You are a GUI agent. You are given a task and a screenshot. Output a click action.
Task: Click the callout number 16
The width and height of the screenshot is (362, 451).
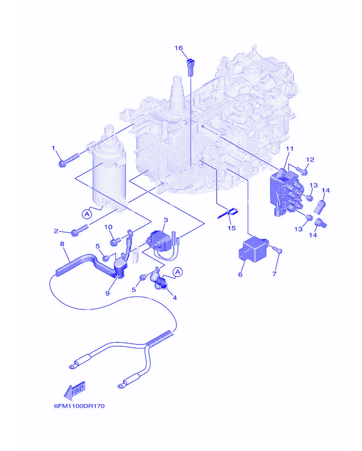tap(179, 48)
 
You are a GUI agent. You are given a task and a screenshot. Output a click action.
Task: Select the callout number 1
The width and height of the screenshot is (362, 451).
tap(53, 148)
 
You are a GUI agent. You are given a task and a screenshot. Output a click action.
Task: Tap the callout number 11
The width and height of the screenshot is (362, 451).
tap(290, 149)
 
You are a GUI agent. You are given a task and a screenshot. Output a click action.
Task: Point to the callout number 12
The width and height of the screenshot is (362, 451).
tap(310, 159)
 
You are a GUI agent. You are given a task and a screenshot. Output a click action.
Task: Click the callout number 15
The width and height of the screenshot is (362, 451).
tap(232, 228)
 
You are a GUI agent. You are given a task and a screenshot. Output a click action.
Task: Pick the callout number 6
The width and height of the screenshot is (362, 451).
tap(240, 274)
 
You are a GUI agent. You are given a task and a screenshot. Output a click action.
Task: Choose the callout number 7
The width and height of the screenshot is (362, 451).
tap(274, 274)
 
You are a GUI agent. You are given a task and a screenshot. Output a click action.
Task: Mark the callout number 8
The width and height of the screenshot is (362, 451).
tap(62, 244)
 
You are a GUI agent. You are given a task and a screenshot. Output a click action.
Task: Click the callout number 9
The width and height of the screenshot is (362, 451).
tap(108, 293)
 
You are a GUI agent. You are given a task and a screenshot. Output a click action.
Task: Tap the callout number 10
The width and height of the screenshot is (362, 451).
tap(108, 227)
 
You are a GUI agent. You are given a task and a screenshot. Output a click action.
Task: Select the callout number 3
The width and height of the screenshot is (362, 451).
tap(166, 220)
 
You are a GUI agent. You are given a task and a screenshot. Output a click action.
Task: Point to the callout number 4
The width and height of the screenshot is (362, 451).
tap(175, 297)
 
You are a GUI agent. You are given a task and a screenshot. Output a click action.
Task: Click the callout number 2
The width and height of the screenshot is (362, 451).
tap(56, 231)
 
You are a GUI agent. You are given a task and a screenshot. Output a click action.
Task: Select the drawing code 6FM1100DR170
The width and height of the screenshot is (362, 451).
tap(79, 406)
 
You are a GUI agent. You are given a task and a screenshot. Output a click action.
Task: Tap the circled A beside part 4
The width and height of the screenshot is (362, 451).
tap(178, 272)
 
